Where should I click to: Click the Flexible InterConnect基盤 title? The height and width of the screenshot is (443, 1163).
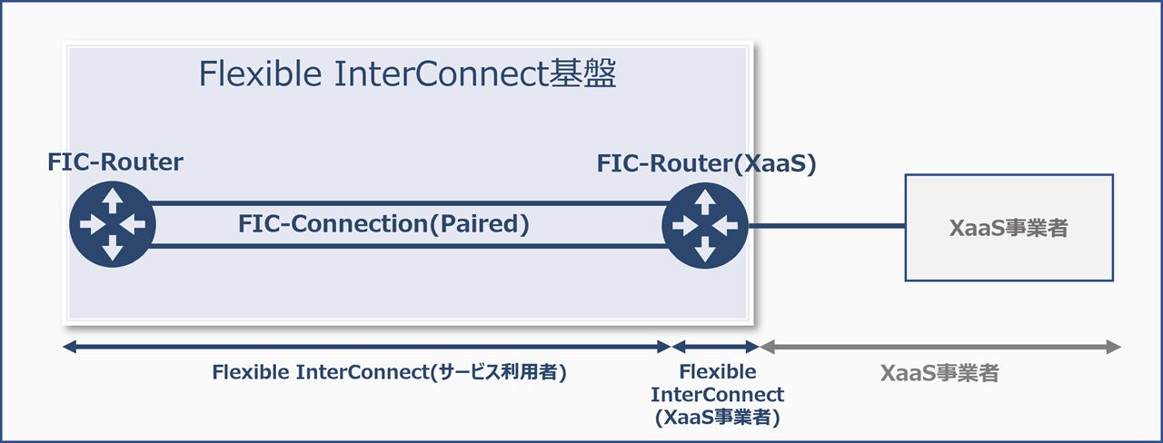click(407, 75)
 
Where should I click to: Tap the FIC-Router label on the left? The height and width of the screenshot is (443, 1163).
click(115, 162)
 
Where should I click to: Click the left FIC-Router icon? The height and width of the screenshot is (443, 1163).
click(113, 224)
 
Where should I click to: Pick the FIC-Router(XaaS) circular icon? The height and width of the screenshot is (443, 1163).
click(705, 224)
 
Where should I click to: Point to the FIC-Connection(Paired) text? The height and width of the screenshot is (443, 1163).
click(383, 224)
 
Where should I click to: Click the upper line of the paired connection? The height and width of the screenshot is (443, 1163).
click(409, 203)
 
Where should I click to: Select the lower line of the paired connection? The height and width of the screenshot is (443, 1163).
click(409, 245)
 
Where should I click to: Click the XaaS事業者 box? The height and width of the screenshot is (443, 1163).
click(1009, 227)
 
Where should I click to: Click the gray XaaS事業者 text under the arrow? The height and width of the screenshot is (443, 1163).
click(939, 373)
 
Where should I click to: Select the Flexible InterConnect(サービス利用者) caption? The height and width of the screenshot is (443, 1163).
click(389, 372)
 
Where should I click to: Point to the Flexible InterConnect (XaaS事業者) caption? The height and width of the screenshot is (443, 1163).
click(717, 395)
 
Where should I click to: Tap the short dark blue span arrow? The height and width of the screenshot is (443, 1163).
click(715, 347)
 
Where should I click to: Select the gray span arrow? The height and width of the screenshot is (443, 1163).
click(939, 347)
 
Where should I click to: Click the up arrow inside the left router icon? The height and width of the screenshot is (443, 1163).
click(113, 199)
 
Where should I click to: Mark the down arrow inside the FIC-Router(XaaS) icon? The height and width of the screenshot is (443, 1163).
click(705, 250)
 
